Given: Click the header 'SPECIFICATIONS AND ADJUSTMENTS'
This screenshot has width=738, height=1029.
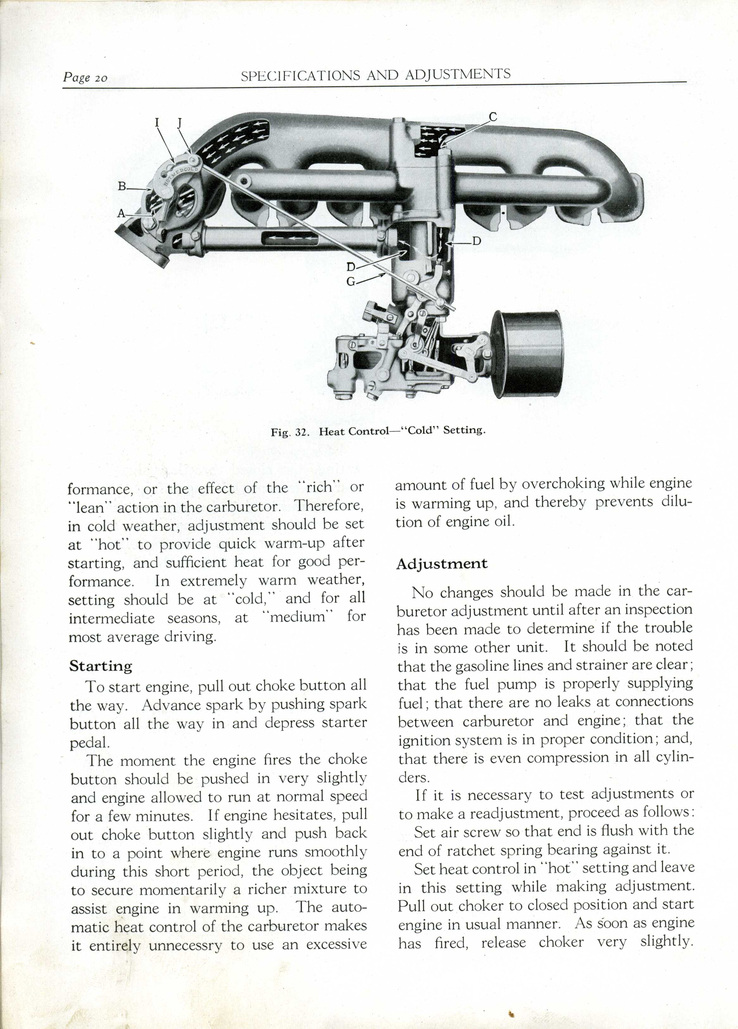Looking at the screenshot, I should click(375, 75).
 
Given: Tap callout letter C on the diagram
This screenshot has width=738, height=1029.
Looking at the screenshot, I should click(493, 117).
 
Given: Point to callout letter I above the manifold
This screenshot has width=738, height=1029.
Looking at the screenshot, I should click(157, 122).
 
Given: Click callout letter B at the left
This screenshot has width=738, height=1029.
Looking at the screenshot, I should click(122, 186).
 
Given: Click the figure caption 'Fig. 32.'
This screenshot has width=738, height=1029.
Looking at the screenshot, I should click(290, 432).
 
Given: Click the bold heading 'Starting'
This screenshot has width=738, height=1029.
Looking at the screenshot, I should click(101, 666).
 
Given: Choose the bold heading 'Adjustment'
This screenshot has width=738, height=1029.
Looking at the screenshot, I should click(441, 564).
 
